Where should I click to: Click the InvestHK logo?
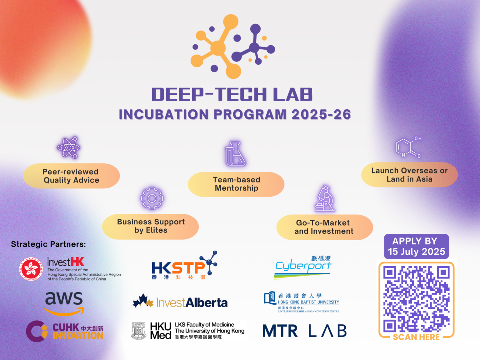pyautogui.click(x=70, y=269)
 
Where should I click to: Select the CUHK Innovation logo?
pyautogui.click(x=65, y=331)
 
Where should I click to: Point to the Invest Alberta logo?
pyautogui.click(x=180, y=302)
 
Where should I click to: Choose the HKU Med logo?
pyautogui.click(x=188, y=331)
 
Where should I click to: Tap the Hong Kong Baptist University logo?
pyautogui.click(x=302, y=302)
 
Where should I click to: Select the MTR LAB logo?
pyautogui.click(x=304, y=331)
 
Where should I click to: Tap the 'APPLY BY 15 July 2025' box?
pyautogui.click(x=416, y=246)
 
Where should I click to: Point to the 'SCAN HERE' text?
pyautogui.click(x=416, y=337)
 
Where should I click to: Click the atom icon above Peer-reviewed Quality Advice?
pyautogui.click(x=69, y=147)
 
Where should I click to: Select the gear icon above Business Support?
pyautogui.click(x=152, y=198)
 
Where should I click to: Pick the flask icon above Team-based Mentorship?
pyautogui.click(x=235, y=153)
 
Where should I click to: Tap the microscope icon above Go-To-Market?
pyautogui.click(x=325, y=198)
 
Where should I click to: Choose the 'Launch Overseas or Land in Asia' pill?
pyautogui.click(x=409, y=175)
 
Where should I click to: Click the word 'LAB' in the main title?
pyautogui.click(x=293, y=94)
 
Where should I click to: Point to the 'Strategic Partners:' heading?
pyautogui.click(x=48, y=244)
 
